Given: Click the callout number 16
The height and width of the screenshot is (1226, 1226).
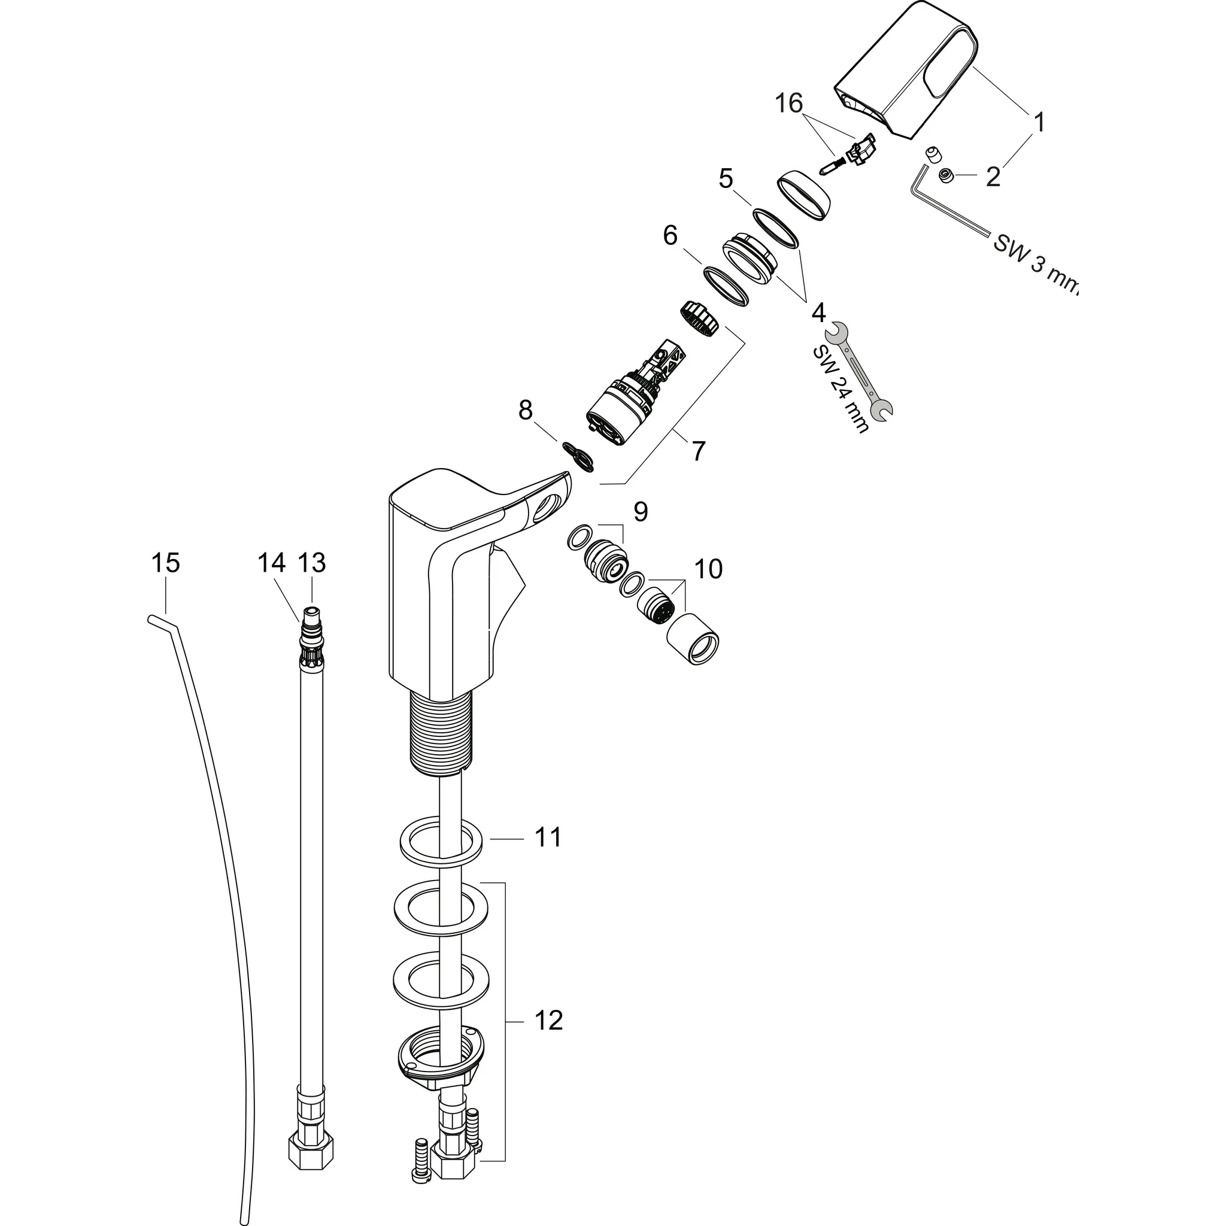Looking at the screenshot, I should point(789,103).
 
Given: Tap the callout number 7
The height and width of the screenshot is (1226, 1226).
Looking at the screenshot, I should point(698,451).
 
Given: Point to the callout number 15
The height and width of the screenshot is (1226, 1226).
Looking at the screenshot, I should point(166,563).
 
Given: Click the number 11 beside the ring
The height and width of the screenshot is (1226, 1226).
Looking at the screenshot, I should point(548,837).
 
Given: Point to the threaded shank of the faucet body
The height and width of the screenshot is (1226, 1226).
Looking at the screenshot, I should point(441,733).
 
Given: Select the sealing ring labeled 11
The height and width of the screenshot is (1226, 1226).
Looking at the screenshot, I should point(441,842).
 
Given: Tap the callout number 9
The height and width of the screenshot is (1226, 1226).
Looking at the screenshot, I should point(641,512).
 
